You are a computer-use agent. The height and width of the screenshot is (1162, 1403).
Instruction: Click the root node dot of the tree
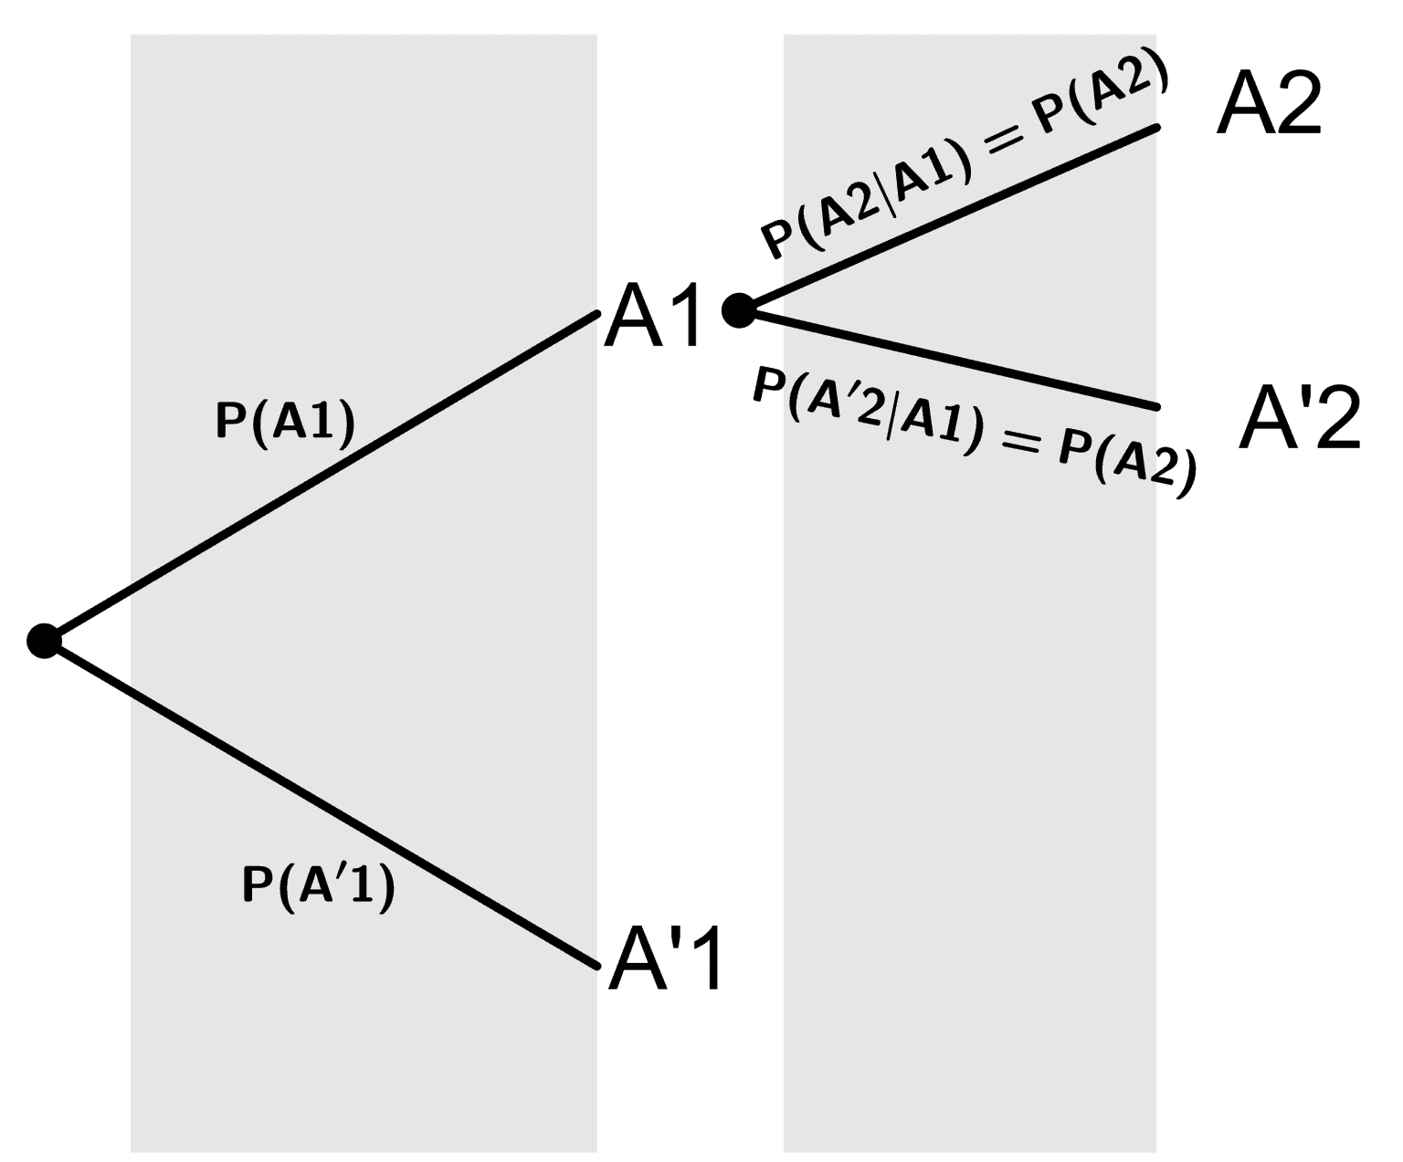[45, 641]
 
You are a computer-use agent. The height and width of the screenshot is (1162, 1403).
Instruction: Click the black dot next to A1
[739, 310]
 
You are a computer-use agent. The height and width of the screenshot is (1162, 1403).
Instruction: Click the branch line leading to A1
[322, 476]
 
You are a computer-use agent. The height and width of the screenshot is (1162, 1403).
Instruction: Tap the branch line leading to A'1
[322, 804]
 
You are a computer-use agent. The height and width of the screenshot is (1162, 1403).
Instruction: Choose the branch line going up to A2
[949, 217]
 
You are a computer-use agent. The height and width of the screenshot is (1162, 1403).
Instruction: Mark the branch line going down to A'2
[949, 359]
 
